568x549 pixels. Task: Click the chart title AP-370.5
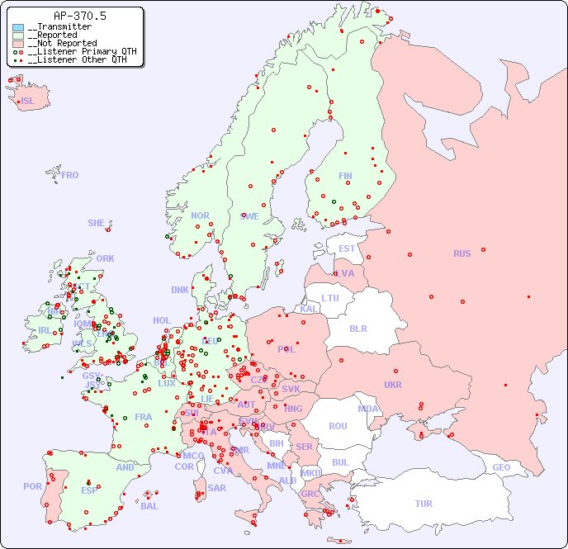[79, 16]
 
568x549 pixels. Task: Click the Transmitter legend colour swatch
[18, 27]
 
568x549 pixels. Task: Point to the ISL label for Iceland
[28, 102]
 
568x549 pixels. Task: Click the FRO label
[70, 175]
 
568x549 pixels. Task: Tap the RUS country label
[461, 253]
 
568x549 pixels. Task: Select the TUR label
[424, 504]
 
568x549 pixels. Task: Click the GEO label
[501, 467]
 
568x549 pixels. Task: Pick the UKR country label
[393, 385]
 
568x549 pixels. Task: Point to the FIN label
[345, 176]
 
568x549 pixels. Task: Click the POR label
[32, 486]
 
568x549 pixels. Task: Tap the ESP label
[89, 490]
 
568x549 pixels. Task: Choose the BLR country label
[358, 328]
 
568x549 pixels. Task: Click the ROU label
[338, 426]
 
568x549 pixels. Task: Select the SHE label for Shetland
[97, 223]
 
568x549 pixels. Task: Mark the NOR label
[200, 215]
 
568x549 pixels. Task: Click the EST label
[347, 248]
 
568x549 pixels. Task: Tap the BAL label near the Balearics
[149, 506]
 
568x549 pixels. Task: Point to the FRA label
[144, 417]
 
